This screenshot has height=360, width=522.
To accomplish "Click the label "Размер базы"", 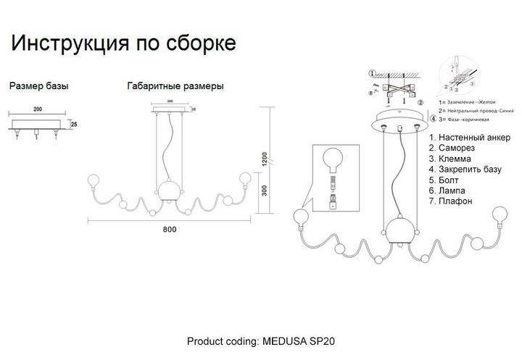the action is (39, 86).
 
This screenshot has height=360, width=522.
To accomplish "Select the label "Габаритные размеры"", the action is (175, 86).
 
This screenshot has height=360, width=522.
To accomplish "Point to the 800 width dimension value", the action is (169, 230).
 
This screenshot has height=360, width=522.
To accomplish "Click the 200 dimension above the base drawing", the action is (38, 109).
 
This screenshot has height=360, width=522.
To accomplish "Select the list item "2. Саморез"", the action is (452, 148).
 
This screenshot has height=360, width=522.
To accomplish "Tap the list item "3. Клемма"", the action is (450, 158).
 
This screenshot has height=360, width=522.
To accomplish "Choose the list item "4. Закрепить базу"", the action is (464, 169).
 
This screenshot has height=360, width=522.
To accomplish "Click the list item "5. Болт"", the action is (445, 179).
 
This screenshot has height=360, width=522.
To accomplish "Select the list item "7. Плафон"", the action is (451, 201).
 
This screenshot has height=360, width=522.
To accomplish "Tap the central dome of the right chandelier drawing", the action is (399, 230).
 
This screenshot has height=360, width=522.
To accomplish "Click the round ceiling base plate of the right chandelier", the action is (399, 121).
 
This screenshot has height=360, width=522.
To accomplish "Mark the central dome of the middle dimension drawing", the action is (169, 190).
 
